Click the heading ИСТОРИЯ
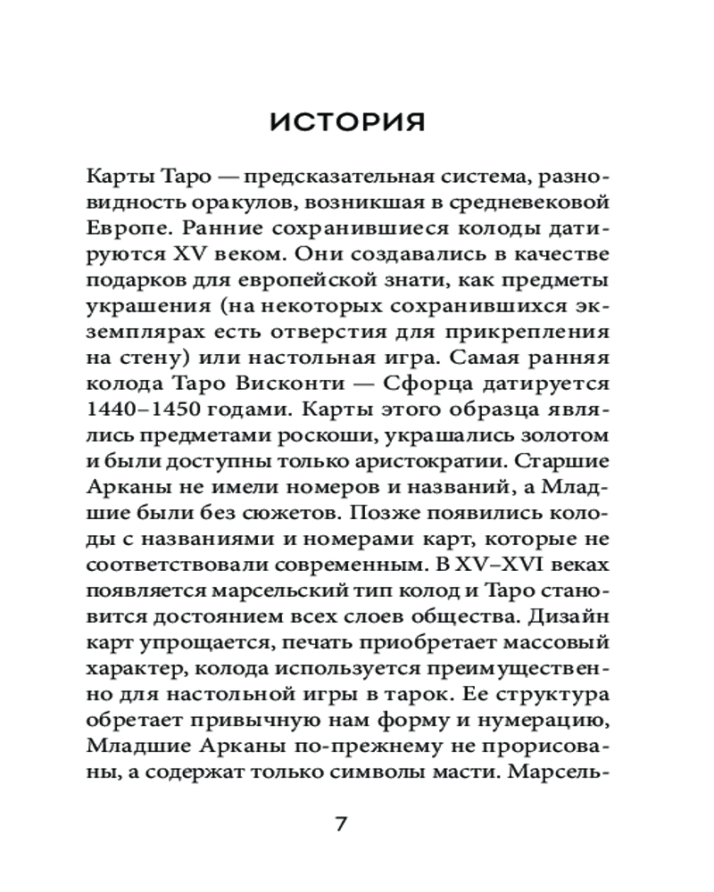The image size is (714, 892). click(348, 122)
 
